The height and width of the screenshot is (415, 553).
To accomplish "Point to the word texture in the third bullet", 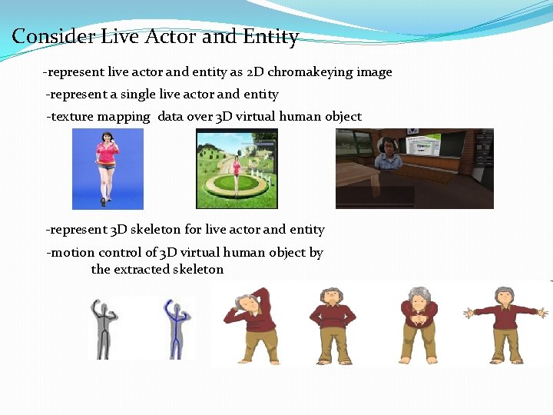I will [x=72, y=117].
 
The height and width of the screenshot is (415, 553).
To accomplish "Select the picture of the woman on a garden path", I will [x=237, y=168].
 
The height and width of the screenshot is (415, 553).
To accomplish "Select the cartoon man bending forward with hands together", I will [x=419, y=323].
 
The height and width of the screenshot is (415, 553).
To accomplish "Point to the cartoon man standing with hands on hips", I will [x=332, y=323].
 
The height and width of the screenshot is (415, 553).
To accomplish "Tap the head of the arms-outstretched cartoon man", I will [x=505, y=296].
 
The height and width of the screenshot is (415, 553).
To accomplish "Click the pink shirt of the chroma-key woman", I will [x=107, y=152].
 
